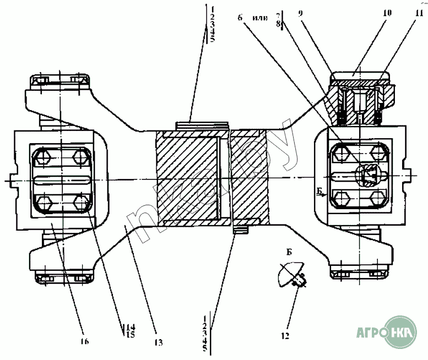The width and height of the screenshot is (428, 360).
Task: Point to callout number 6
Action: pyautogui.click(x=240, y=18)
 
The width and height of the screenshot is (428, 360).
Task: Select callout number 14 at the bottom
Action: pyautogui.click(x=131, y=326)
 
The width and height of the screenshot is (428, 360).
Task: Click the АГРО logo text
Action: pyautogui.click(x=366, y=332)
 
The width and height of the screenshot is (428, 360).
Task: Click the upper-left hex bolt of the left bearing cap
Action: pyautogui.click(x=42, y=160)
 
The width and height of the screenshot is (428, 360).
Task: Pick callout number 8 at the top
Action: pyautogui.click(x=279, y=25)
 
